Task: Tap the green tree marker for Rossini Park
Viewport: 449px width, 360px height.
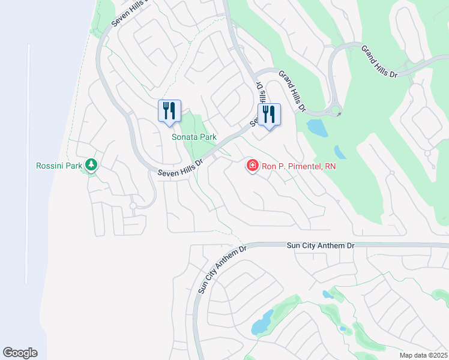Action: click(91, 164)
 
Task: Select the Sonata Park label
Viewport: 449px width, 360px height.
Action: click(194, 137)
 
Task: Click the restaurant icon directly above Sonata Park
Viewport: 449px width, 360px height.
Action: click(169, 111)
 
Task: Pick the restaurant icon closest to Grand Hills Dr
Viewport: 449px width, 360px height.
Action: click(269, 114)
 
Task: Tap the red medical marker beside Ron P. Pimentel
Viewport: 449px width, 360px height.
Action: click(253, 165)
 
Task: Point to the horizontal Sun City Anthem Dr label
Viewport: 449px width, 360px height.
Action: click(321, 245)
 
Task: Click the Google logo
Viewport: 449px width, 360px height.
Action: click(20, 353)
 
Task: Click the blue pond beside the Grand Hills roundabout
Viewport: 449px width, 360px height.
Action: click(316, 127)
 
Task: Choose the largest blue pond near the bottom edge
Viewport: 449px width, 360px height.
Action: click(262, 325)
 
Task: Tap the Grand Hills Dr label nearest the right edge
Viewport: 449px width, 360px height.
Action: click(380, 61)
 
